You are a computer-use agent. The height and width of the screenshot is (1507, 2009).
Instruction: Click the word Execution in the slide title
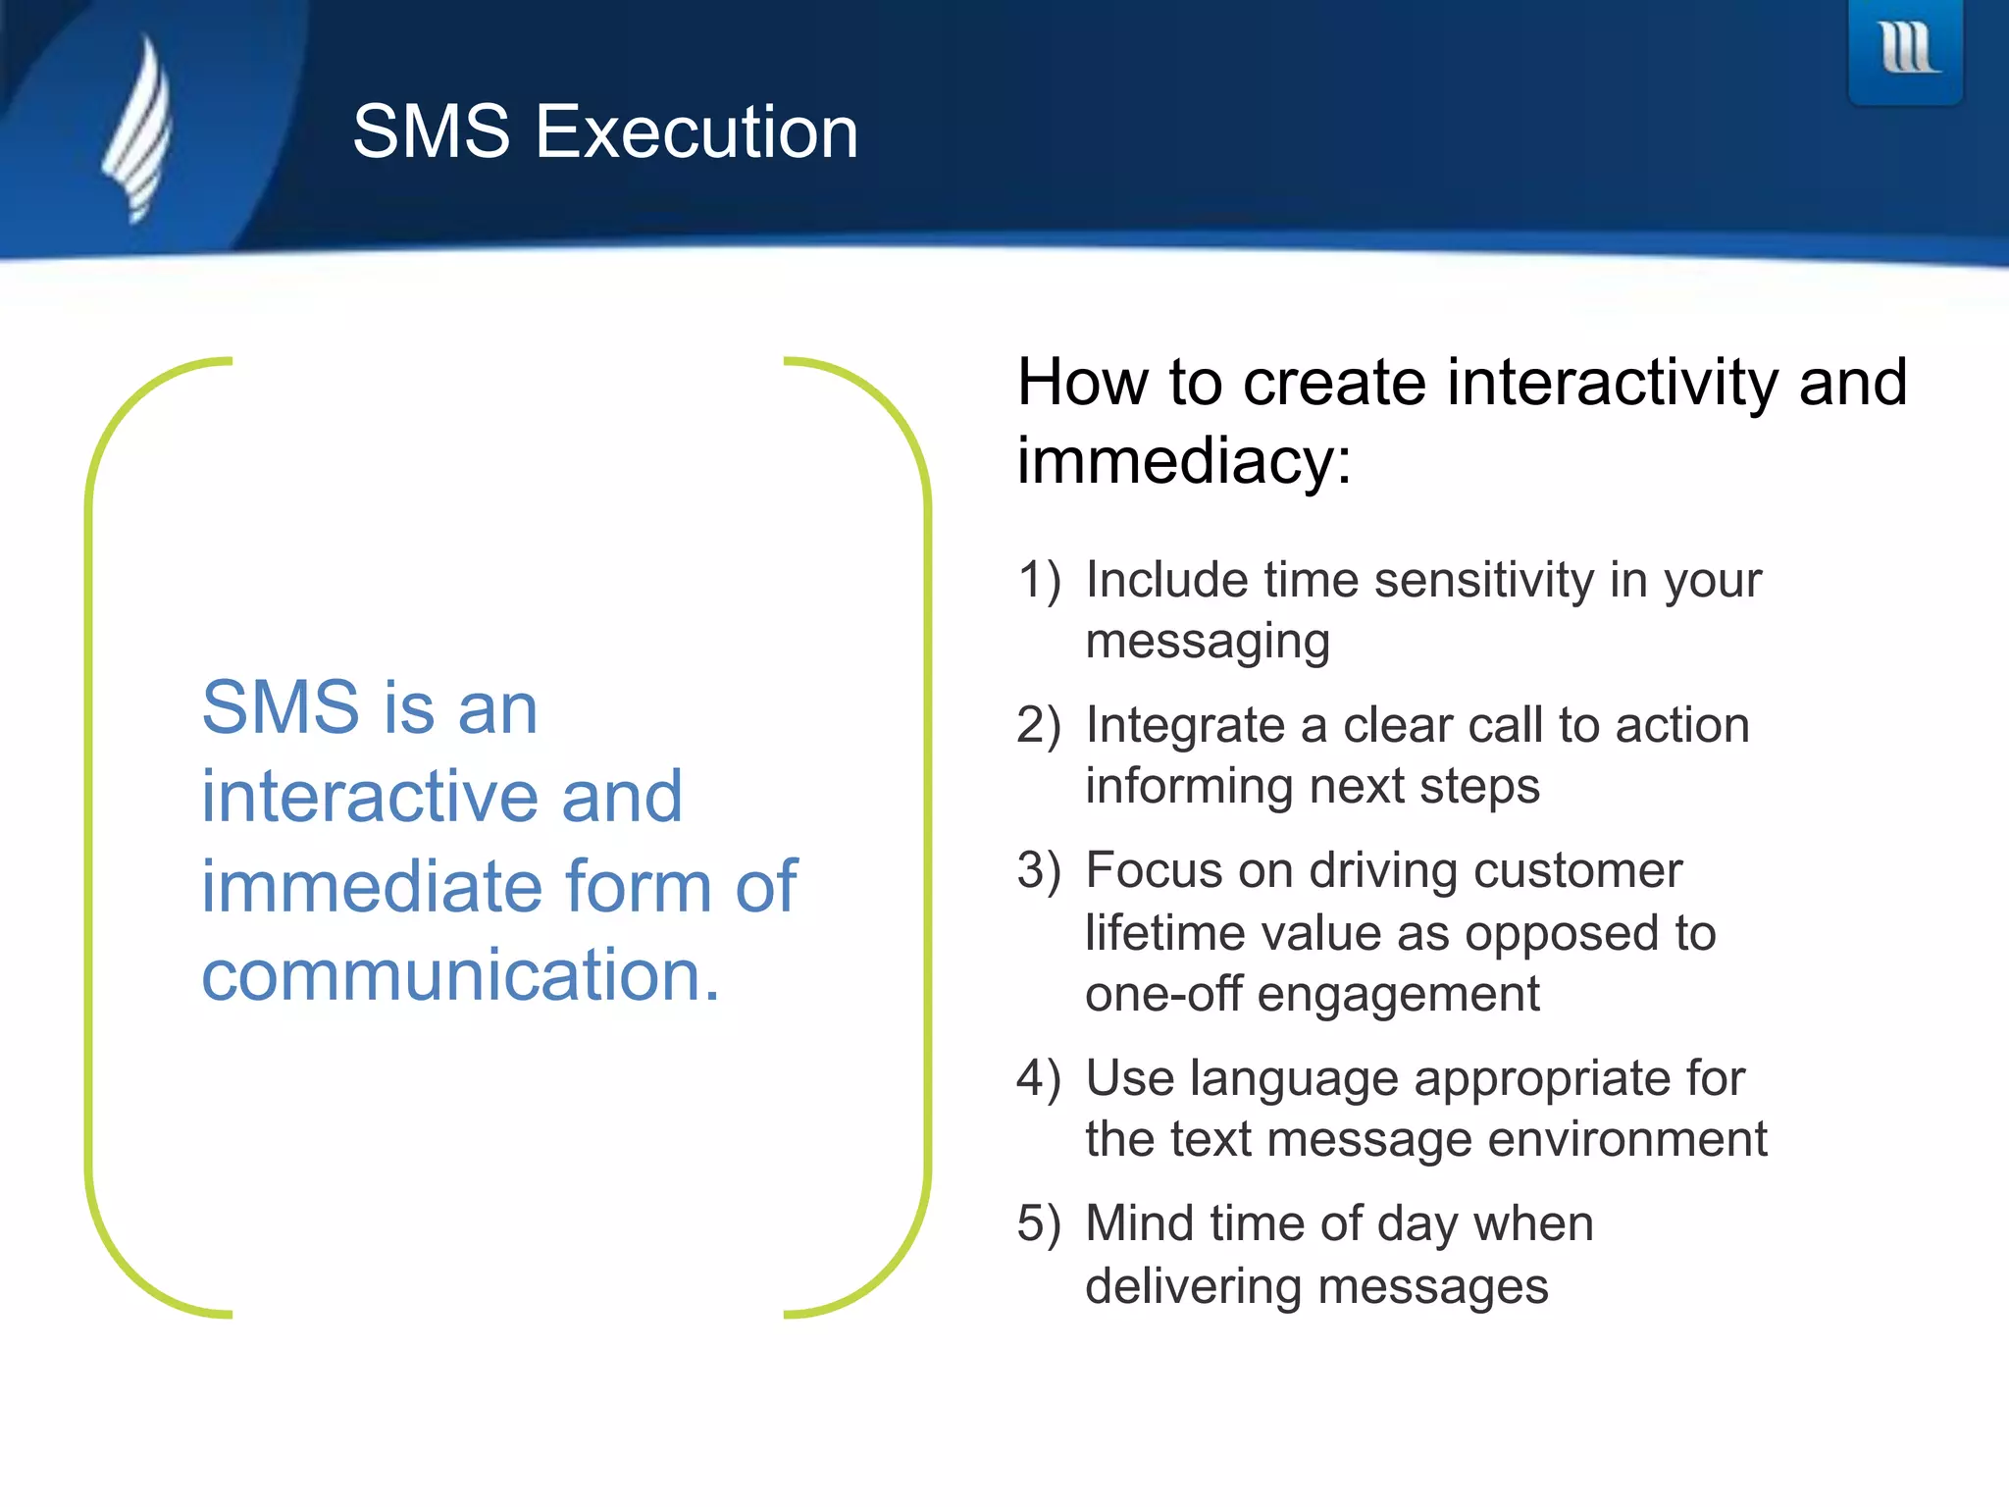coord(696,132)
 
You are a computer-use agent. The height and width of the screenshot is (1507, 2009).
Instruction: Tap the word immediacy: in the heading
coord(1184,461)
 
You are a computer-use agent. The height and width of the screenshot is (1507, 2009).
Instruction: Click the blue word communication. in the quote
coord(461,975)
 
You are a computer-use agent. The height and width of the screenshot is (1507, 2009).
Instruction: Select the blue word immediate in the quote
coord(373,886)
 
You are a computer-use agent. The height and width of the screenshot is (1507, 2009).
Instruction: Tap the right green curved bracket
coord(926,834)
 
